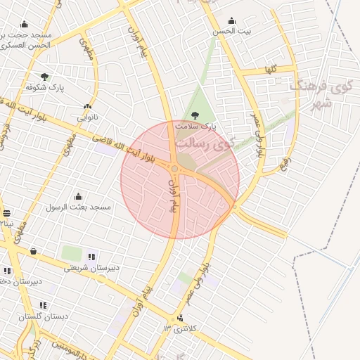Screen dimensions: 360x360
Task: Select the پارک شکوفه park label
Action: click(x=45, y=87)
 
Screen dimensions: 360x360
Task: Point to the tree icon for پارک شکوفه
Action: click(x=45, y=76)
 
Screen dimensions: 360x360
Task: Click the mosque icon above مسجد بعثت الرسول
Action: click(x=78, y=196)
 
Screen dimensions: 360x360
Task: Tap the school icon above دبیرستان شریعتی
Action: click(x=92, y=256)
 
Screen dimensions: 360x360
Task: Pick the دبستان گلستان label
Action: click(x=44, y=316)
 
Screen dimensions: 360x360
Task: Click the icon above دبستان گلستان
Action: click(x=44, y=306)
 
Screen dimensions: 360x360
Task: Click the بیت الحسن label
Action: click(x=232, y=31)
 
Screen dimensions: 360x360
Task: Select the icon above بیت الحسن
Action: click(x=232, y=20)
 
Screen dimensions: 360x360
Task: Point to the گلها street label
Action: click(x=271, y=70)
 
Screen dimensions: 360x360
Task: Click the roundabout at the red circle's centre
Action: click(x=175, y=169)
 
